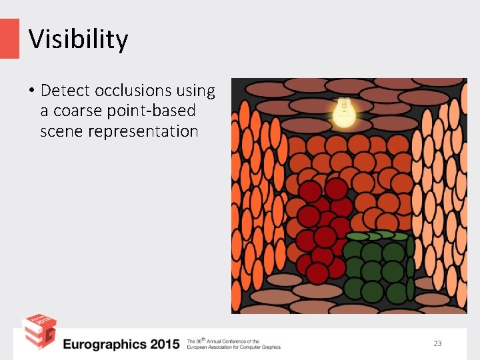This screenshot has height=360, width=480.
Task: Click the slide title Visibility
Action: (78, 39)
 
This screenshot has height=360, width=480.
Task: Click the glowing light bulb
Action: (344, 113)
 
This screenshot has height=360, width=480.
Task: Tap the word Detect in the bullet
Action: (65, 90)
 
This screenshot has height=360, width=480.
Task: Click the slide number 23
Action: (437, 343)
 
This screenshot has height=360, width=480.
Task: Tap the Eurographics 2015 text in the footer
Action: (121, 344)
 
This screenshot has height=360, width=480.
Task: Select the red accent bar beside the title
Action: (9, 39)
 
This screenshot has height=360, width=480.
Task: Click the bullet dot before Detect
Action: (31, 91)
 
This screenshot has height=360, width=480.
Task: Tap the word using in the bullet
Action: (197, 90)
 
